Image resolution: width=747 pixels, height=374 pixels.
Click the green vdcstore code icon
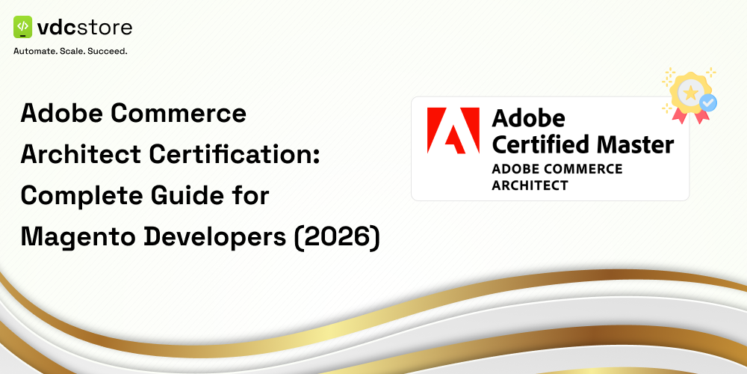pos(23,28)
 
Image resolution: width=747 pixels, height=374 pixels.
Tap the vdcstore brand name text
pos(85,28)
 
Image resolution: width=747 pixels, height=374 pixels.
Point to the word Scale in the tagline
pos(78,52)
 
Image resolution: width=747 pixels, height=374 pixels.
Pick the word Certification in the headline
pos(241,155)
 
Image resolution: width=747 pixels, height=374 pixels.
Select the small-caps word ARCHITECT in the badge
pos(530,185)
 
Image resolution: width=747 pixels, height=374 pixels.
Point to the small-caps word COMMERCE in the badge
pos(582,168)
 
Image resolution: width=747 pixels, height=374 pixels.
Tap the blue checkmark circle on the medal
pos(707,103)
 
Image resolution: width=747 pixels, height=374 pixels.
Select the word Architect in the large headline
pos(80,155)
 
